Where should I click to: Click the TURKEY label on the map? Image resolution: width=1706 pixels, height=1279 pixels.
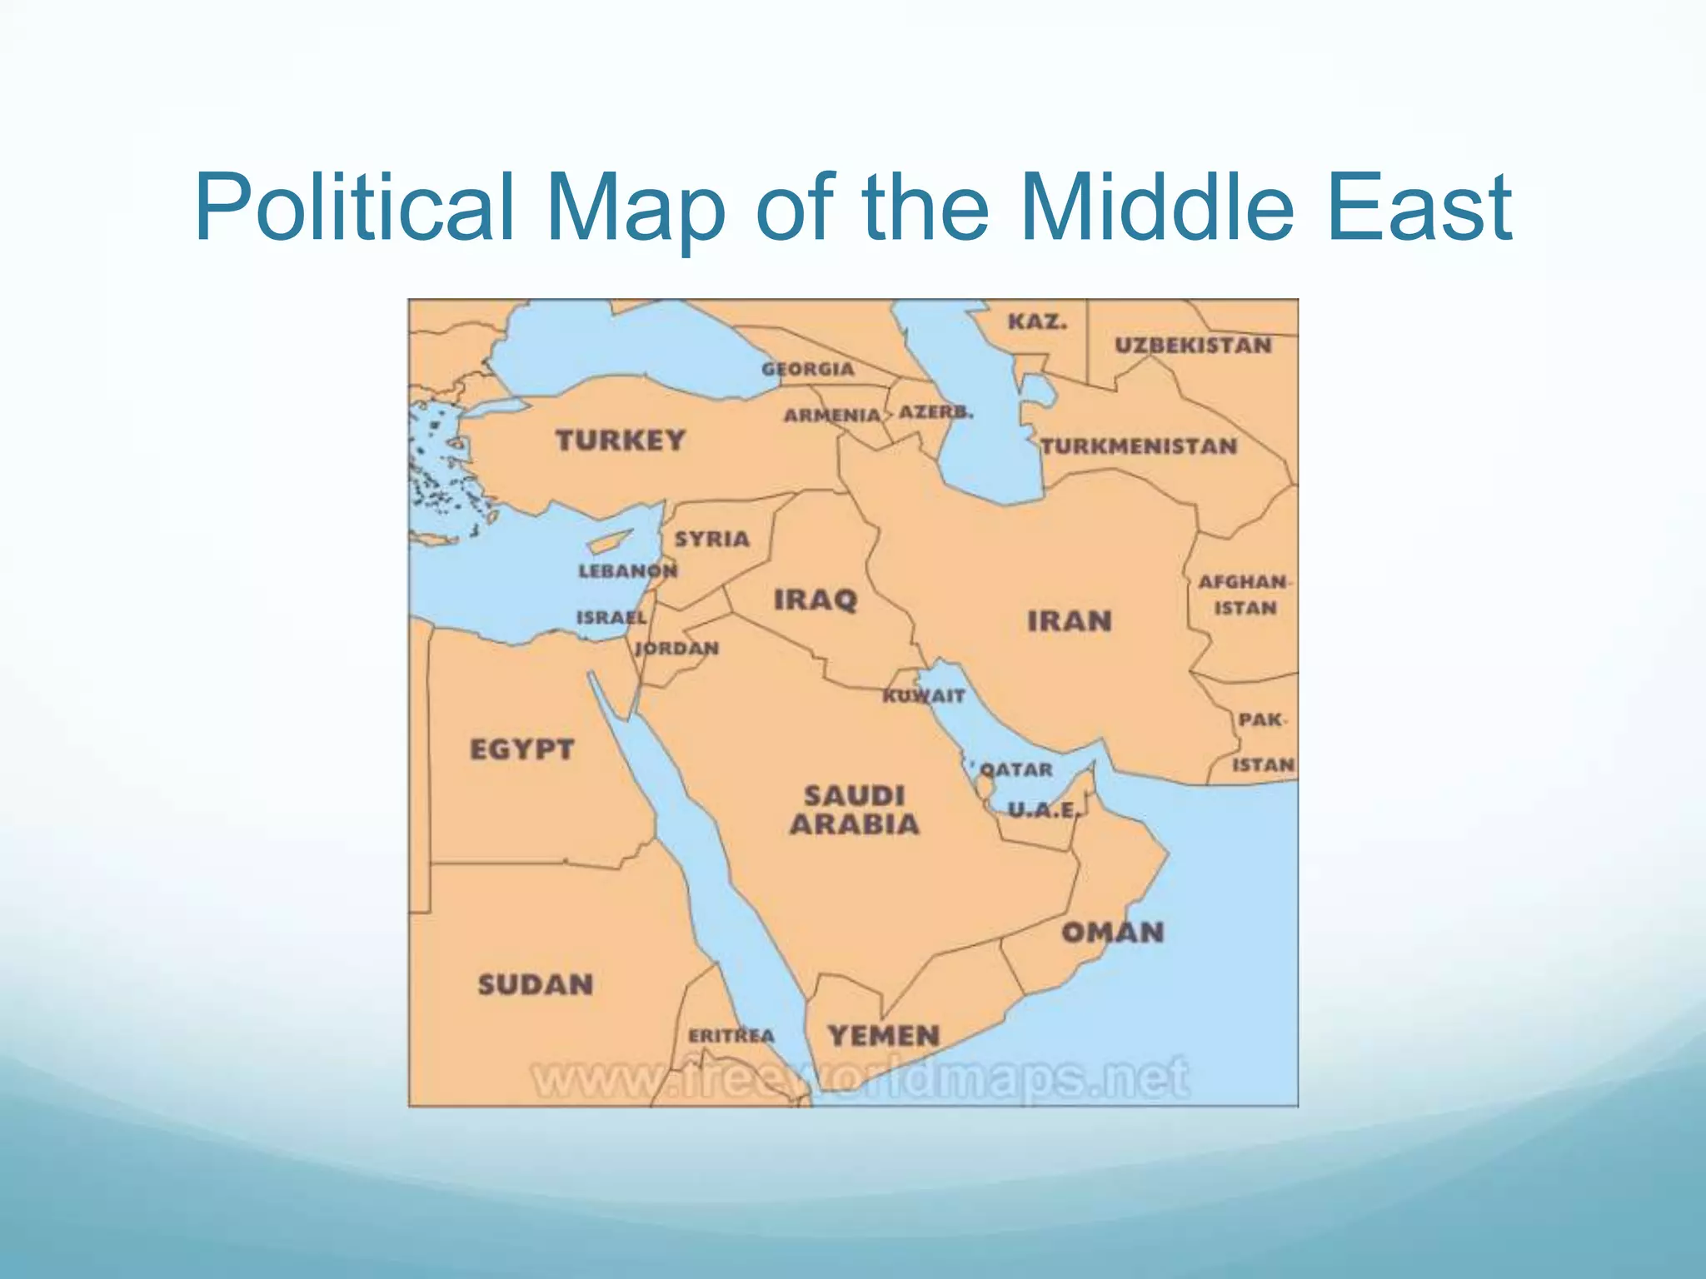tap(621, 440)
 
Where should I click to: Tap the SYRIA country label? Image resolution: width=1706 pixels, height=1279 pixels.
tap(711, 540)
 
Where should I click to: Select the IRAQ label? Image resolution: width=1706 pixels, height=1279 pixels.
tap(816, 600)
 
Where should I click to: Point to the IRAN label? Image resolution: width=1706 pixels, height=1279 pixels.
tap(1069, 621)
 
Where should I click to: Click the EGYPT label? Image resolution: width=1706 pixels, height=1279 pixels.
tap(521, 749)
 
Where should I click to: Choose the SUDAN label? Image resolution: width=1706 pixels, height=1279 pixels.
tap(535, 985)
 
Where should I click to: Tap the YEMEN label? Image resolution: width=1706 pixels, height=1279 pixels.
tap(883, 1037)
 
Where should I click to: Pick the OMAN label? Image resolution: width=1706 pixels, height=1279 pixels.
tap(1112, 932)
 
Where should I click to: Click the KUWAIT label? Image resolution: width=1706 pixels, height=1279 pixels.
tap(924, 696)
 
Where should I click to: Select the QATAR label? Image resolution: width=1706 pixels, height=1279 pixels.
tap(1016, 770)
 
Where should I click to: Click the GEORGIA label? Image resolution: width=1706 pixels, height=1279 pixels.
tap(808, 370)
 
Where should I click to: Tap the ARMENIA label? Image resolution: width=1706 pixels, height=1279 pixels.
tap(831, 415)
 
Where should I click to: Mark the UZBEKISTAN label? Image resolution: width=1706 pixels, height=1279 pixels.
tap(1193, 346)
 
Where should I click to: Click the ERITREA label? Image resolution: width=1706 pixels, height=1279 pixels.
tap(731, 1037)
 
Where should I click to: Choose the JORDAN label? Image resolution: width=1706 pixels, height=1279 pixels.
tap(676, 649)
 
